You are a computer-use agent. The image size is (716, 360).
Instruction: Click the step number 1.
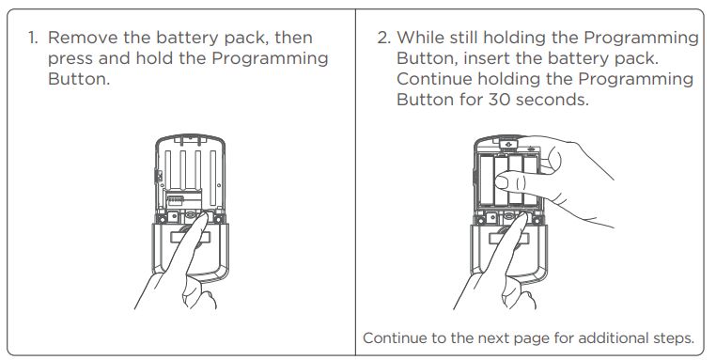click(33, 38)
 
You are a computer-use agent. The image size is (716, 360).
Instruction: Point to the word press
click(70, 59)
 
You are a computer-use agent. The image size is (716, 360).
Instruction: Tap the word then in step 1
click(293, 38)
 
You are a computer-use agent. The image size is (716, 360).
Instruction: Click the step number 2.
click(384, 38)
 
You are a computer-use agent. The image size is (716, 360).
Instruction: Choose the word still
click(463, 38)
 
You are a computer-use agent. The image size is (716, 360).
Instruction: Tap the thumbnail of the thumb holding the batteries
click(502, 182)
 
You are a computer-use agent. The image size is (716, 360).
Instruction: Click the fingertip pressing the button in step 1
click(201, 217)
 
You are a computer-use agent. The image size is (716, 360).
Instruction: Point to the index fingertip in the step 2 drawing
click(521, 217)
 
